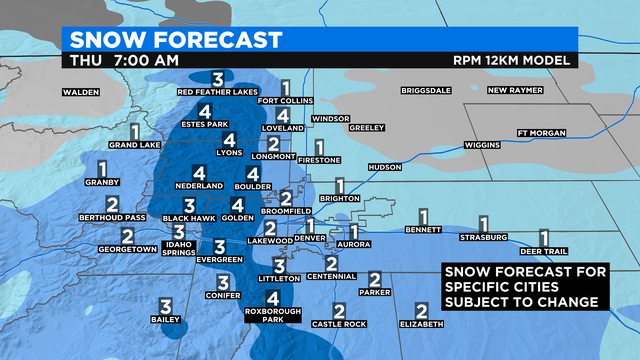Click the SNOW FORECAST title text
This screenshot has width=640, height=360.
172,40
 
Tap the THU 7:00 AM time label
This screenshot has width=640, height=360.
125,61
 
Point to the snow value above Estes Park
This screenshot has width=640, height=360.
204,111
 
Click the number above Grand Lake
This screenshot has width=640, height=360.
135,131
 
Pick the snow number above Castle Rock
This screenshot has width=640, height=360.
339,311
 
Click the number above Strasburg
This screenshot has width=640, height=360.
484,224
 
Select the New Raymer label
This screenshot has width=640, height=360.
514,91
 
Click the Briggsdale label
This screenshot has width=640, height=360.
427,91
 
